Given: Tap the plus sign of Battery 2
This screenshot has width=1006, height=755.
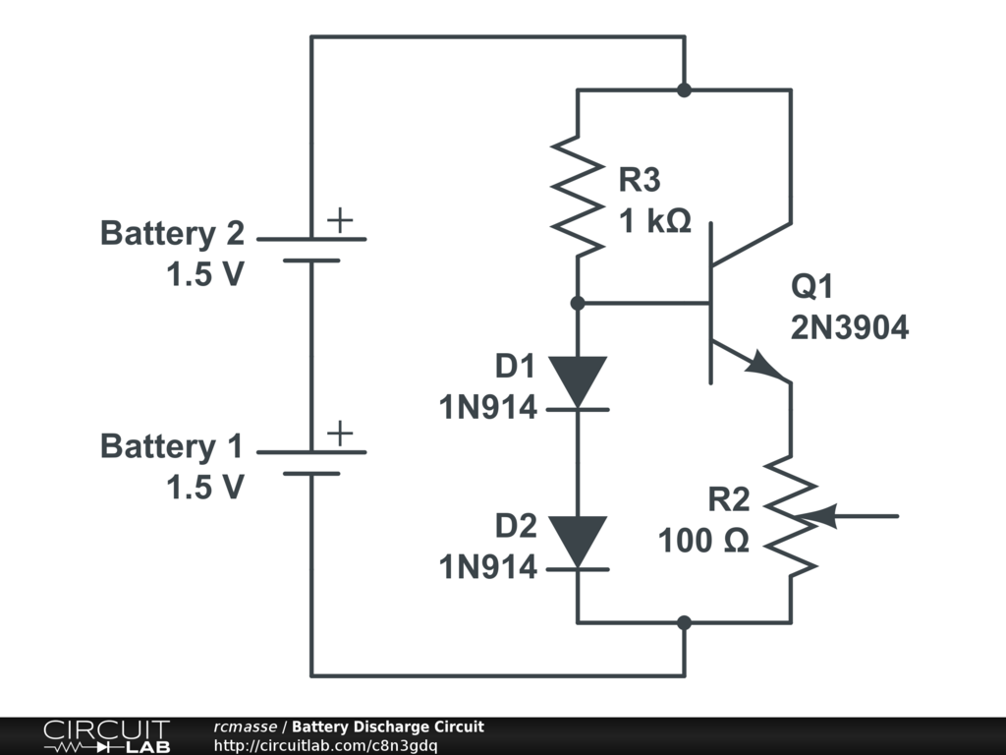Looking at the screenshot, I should pos(339,220).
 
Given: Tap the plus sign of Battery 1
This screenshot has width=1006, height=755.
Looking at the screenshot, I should pos(339,433).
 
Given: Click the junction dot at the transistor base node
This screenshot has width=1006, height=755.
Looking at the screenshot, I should pos(578,303).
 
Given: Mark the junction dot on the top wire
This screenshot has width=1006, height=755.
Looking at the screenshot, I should pos(685,90).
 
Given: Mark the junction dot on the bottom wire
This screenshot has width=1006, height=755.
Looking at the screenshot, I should pos(685,622).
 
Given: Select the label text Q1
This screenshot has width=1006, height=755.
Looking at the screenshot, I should pos(811,287).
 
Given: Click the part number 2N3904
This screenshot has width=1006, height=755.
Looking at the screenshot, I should pos(850,328).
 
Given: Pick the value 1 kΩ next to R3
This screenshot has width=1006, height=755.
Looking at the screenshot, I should pos(655,222).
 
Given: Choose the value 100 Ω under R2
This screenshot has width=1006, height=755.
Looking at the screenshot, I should pos(703,541).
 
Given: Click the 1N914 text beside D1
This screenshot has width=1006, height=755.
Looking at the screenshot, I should pos(488,406).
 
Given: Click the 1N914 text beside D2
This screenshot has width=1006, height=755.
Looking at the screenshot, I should pos(488,566).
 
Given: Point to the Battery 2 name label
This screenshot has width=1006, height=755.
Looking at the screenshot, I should pos(172,234).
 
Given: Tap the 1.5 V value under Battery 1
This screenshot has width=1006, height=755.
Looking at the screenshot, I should pos(204,488).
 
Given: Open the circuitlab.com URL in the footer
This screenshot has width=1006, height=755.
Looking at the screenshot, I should pos(325,745).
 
